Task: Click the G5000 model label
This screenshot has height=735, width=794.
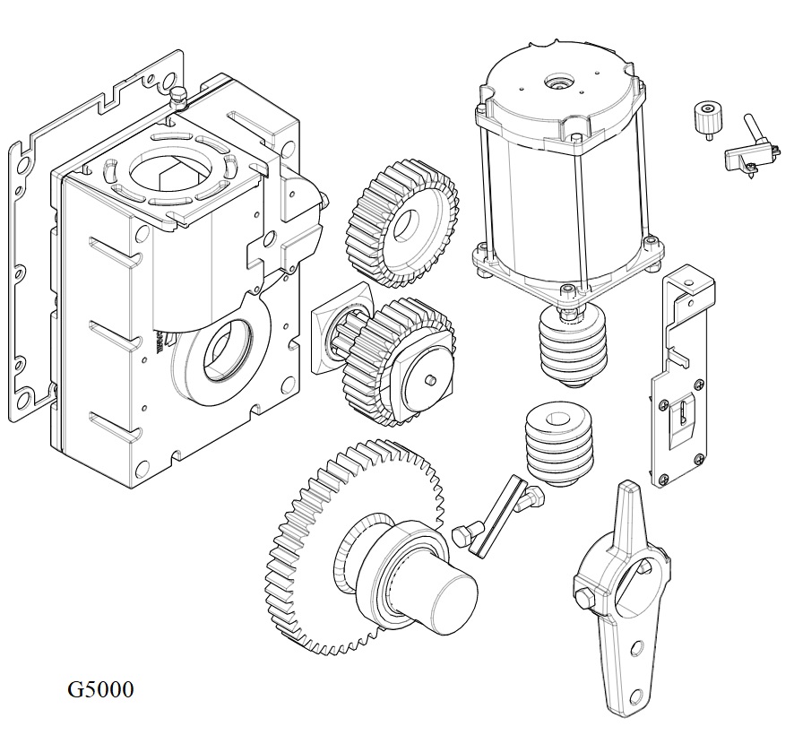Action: click(x=100, y=690)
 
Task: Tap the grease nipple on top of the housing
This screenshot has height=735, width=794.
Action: click(x=177, y=96)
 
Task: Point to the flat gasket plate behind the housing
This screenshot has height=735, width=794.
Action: click(x=27, y=269)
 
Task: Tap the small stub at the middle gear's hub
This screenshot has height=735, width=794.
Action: click(x=432, y=381)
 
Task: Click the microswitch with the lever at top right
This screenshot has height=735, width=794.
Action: click(x=748, y=152)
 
